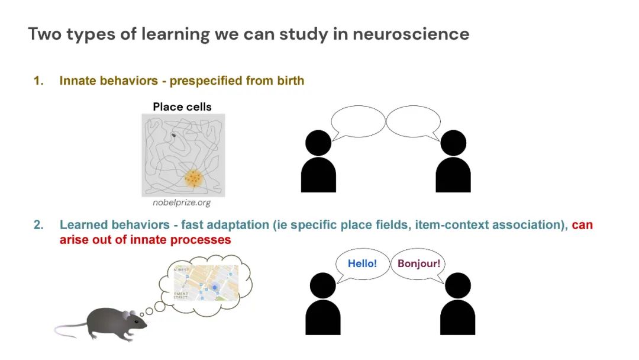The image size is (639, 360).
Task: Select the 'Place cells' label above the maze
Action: tap(182, 107)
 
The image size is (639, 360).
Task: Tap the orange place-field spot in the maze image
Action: tap(192, 177)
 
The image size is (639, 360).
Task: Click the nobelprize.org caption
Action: tap(182, 203)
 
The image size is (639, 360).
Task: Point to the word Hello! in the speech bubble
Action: tap(362, 263)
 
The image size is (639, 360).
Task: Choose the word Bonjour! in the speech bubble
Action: tap(419, 263)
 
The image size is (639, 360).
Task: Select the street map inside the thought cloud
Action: tap(205, 282)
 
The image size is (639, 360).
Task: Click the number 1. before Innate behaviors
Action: tap(38, 81)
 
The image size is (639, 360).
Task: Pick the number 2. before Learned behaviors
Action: tap(38, 225)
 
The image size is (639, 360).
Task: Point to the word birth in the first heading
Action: tap(291, 81)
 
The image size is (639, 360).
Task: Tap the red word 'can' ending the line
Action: tap(582, 225)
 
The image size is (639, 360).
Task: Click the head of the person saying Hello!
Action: tap(322, 285)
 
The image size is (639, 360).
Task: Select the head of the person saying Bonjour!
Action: tap(457, 285)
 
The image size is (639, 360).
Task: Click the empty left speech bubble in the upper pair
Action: tap(358, 121)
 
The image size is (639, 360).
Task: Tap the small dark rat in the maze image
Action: tap(174, 136)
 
